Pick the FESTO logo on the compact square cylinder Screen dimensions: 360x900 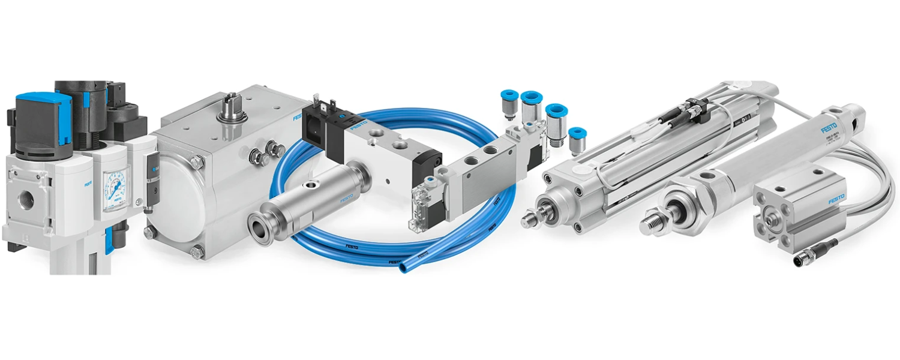836,197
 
